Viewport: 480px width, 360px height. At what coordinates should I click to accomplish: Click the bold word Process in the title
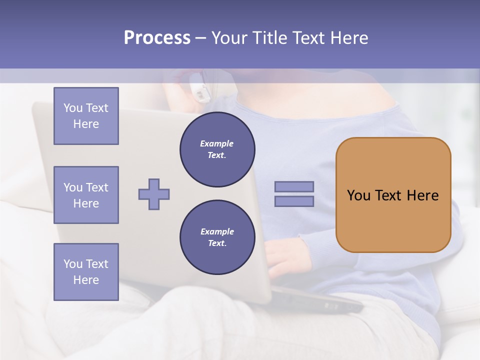157,37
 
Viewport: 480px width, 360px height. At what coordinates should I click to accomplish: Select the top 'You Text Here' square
86,116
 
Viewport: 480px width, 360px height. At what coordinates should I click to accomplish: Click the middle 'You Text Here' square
86,195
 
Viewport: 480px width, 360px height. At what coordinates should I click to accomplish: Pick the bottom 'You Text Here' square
86,271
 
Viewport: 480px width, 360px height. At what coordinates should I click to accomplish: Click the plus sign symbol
154,194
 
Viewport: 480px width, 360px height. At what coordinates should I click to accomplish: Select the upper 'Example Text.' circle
217,149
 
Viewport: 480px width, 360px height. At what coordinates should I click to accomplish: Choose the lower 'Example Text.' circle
217,237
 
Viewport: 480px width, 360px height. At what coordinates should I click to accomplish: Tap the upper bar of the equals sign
294,186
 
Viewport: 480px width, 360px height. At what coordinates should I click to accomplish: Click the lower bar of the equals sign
294,201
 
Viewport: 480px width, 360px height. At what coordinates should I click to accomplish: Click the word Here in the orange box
422,195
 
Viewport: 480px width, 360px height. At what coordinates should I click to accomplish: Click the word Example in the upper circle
217,143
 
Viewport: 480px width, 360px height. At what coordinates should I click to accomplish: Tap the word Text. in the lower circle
217,243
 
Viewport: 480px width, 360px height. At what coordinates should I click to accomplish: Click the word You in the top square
73,108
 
